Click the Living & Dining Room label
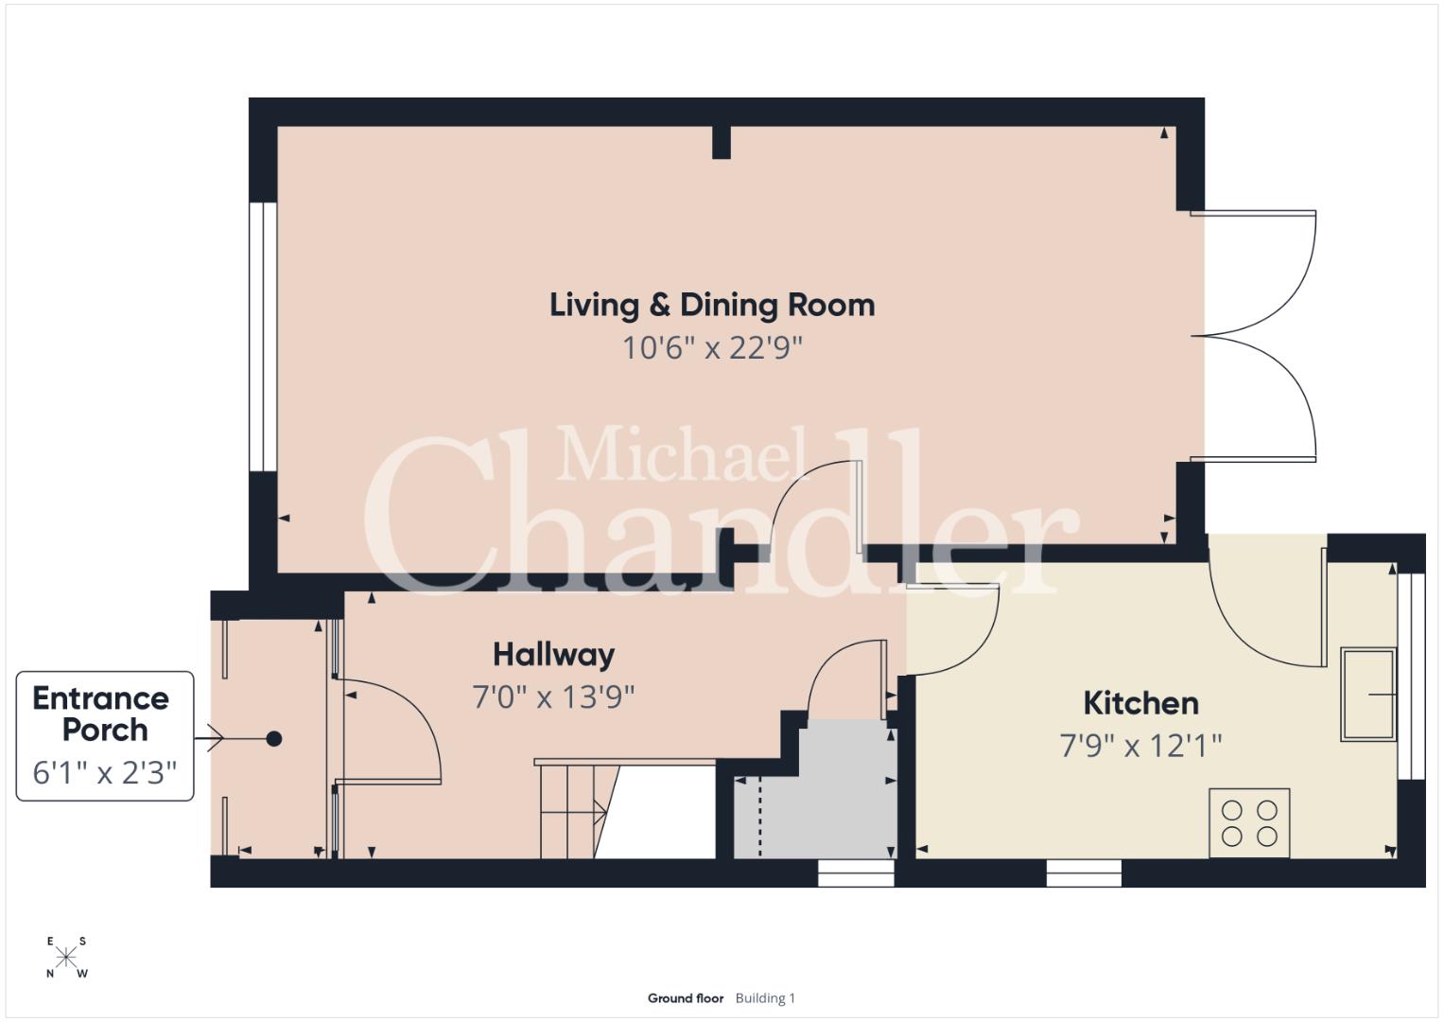pyautogui.click(x=712, y=306)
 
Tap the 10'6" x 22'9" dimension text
pyautogui.click(x=712, y=348)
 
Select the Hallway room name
pyautogui.click(x=554, y=656)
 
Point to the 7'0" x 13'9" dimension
pyautogui.click(x=554, y=696)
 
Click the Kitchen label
pyautogui.click(x=1140, y=703)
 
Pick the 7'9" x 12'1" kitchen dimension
pyautogui.click(x=1140, y=746)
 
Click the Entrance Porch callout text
pyautogui.click(x=101, y=714)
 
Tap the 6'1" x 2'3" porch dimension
pyautogui.click(x=104, y=772)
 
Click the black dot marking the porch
pyautogui.click(x=274, y=739)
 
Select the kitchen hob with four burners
pyautogui.click(x=1249, y=823)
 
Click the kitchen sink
pyautogui.click(x=1368, y=695)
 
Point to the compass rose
pyautogui.click(x=66, y=958)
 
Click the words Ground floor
pyautogui.click(x=686, y=998)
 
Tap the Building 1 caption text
pyautogui.click(x=765, y=998)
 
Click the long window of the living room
pyautogui.click(x=263, y=337)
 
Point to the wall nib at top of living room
pyautogui.click(x=722, y=142)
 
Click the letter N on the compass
pyautogui.click(x=50, y=975)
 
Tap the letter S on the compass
pyautogui.click(x=82, y=942)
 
